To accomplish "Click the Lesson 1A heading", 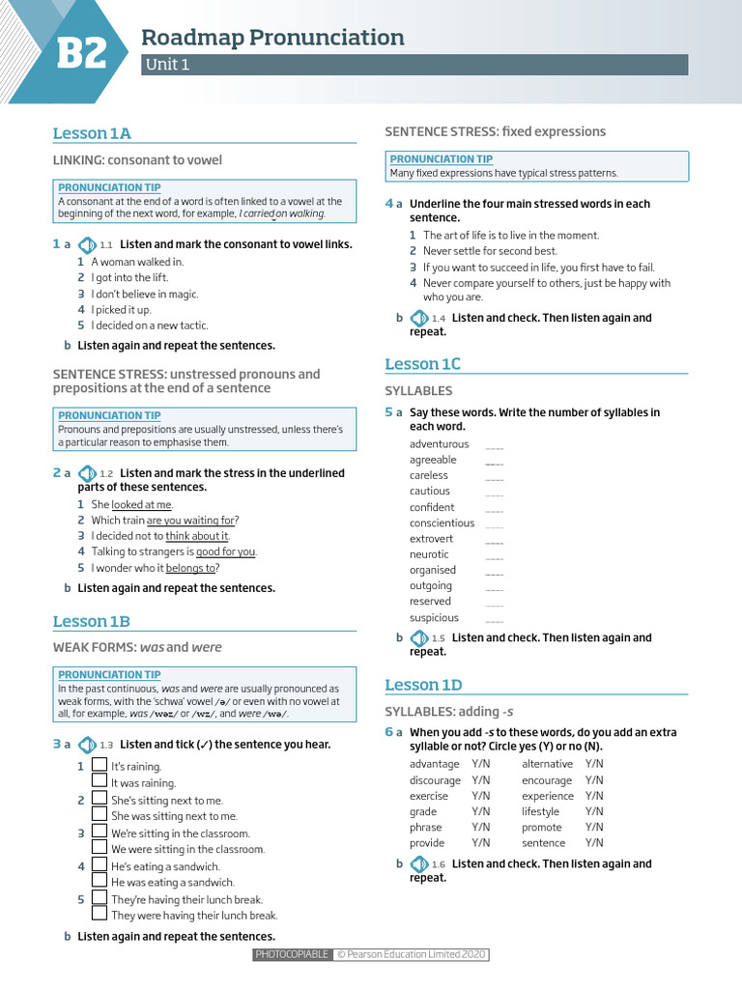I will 92,133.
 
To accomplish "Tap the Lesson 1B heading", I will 91,621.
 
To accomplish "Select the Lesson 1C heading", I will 422,364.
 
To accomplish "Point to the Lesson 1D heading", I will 423,685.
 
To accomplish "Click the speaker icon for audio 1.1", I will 87,244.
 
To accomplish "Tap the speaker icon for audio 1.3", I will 87,745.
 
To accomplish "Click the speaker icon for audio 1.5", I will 419,637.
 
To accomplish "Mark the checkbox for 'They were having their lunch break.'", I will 100,913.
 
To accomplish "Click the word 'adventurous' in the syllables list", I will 439,444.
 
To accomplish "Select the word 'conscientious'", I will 442,523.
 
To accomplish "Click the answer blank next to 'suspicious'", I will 494,619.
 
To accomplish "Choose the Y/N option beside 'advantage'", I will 480,764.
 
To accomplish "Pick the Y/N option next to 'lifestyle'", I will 594,811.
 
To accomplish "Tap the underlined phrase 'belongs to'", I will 190,568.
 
